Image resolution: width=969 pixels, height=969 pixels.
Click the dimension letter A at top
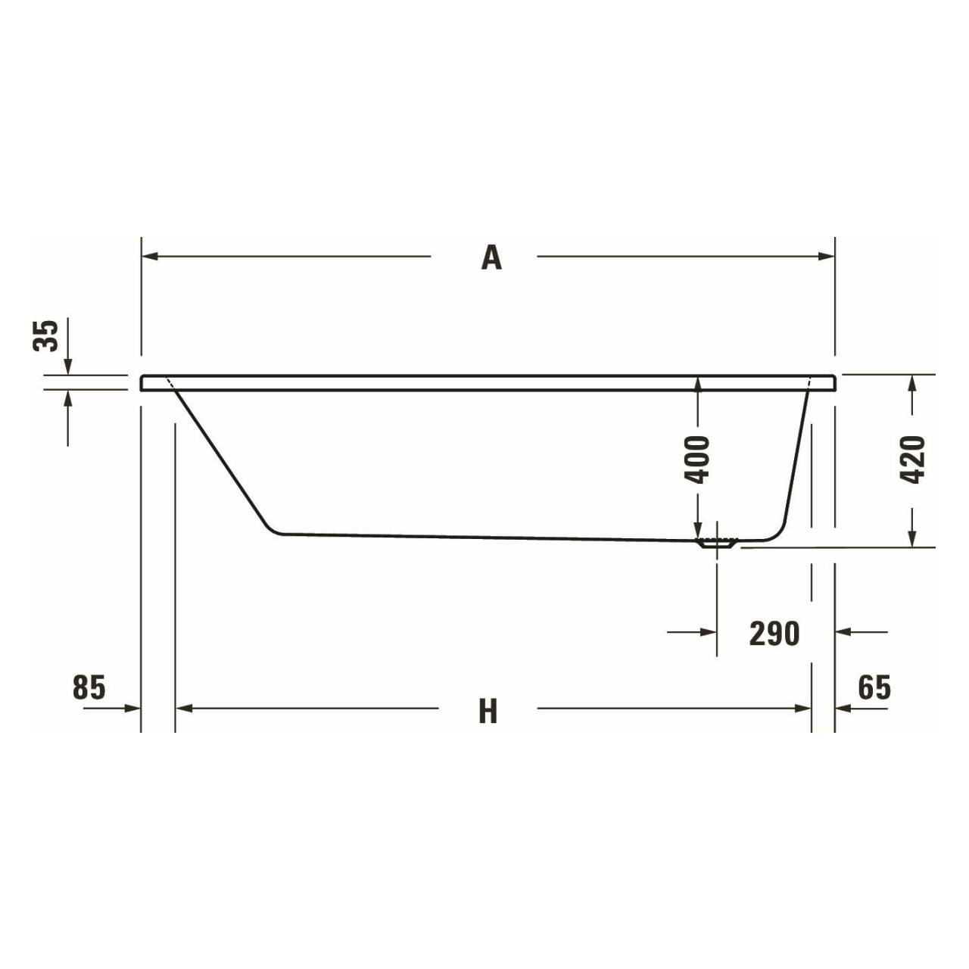[x=491, y=258]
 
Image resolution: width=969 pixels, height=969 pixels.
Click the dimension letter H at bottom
[x=488, y=711]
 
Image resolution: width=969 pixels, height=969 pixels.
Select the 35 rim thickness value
[x=46, y=335]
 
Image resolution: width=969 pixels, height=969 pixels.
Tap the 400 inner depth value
[x=697, y=459]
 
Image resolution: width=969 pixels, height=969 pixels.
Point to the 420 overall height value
[x=914, y=460]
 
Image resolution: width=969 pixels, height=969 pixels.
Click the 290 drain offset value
[x=774, y=633]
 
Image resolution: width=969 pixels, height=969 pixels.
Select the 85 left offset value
[x=89, y=687]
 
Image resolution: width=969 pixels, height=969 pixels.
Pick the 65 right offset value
[x=874, y=687]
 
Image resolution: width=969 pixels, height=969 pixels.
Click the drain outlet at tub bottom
[x=716, y=543]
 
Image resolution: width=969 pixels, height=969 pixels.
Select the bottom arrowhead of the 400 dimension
[x=697, y=531]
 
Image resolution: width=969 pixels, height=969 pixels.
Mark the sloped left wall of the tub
[x=220, y=459]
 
